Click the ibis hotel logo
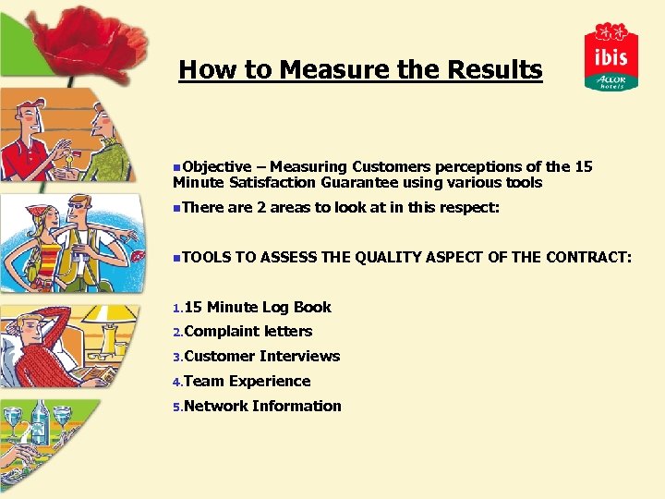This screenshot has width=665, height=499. pyautogui.click(x=611, y=56)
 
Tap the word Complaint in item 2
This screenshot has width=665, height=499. pyautogui.click(x=221, y=331)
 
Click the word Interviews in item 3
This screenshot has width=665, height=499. pyautogui.click(x=299, y=356)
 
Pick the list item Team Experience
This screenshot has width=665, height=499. pyautogui.click(x=247, y=381)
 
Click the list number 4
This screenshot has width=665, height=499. pyautogui.click(x=177, y=382)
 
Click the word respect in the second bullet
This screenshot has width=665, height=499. pyautogui.click(x=468, y=208)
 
